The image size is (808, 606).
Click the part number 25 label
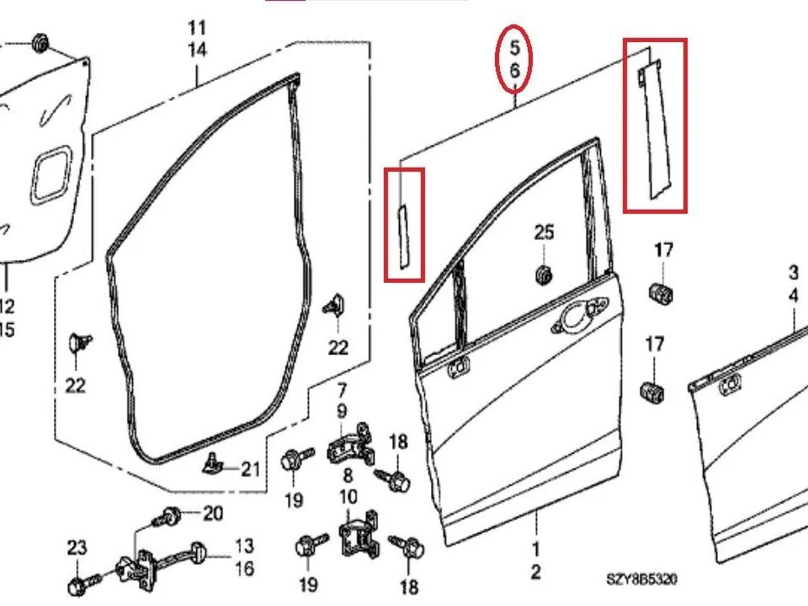[545, 233]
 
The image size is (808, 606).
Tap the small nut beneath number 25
[543, 274]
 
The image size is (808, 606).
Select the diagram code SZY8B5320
[641, 580]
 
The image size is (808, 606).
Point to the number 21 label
[251, 469]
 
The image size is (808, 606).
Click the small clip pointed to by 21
[212, 463]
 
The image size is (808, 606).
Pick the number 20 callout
[213, 513]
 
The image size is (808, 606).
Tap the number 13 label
[244, 545]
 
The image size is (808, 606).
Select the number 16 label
[244, 568]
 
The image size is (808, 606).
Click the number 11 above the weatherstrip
[197, 28]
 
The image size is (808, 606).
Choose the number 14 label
[197, 50]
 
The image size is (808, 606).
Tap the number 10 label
[348, 497]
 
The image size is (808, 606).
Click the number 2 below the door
[536, 572]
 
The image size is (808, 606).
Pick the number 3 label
[794, 273]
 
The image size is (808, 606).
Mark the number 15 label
[6, 330]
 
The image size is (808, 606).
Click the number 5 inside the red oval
[515, 48]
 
